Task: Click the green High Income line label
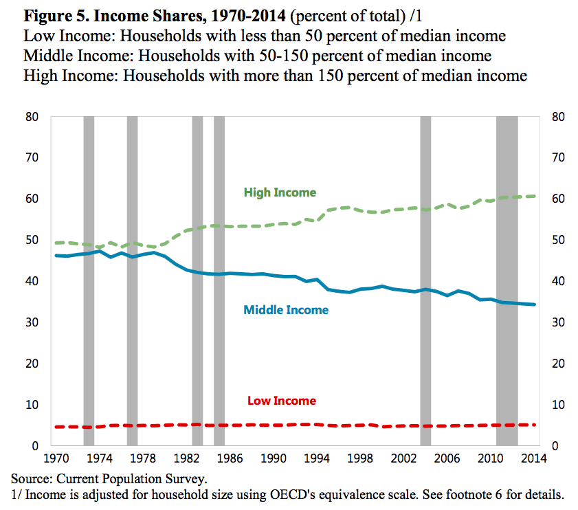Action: (x=280, y=192)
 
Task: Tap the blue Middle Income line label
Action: (x=286, y=310)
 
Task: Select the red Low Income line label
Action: (x=281, y=401)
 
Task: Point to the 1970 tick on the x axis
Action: (x=56, y=457)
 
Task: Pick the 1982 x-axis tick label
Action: (x=186, y=457)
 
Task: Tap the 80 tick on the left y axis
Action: (x=33, y=117)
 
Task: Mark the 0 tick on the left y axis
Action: (x=36, y=446)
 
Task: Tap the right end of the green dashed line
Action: (x=535, y=196)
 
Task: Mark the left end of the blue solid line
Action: (x=56, y=256)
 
